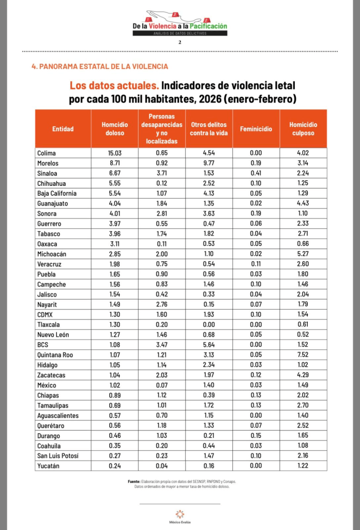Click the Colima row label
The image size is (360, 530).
47,153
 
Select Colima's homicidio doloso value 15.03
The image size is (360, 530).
114,153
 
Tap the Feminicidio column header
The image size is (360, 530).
256,129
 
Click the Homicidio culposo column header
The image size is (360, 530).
303,129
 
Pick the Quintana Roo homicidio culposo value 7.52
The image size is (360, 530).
303,355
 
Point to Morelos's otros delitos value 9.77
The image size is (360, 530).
208,163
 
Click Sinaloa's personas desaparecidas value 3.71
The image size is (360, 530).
161,173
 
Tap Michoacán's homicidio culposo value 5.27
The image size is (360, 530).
303,254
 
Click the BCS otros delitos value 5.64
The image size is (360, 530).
208,345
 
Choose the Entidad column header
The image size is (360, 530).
63,129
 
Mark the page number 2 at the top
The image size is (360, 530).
179,42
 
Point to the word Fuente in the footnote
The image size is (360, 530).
133,481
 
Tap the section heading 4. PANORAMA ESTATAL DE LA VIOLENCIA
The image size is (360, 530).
100,67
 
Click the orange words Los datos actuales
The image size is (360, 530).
114,85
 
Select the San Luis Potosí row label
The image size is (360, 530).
57,456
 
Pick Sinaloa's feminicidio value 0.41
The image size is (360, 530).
256,173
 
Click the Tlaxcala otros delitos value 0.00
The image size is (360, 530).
208,325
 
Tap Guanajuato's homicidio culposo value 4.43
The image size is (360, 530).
303,203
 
